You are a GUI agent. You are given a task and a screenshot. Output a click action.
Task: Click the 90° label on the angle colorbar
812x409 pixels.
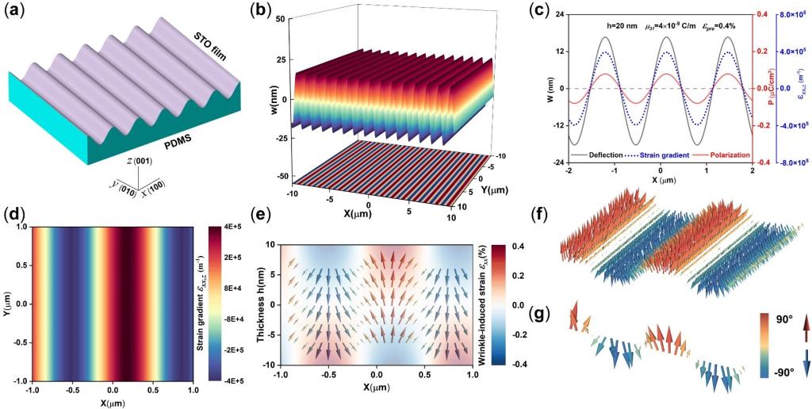click(x=765, y=321)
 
